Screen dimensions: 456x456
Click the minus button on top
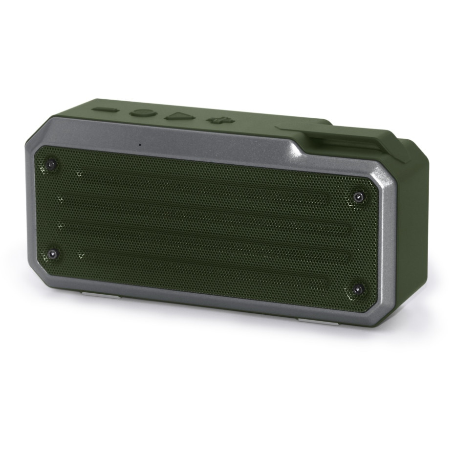(105, 109)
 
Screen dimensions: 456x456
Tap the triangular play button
(177, 116)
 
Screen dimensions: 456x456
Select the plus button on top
(216, 120)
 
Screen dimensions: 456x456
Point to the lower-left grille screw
(52, 254)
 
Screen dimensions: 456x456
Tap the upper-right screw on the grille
(359, 197)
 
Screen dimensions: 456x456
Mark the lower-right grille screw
(358, 289)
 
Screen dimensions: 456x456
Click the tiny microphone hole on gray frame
(140, 144)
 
